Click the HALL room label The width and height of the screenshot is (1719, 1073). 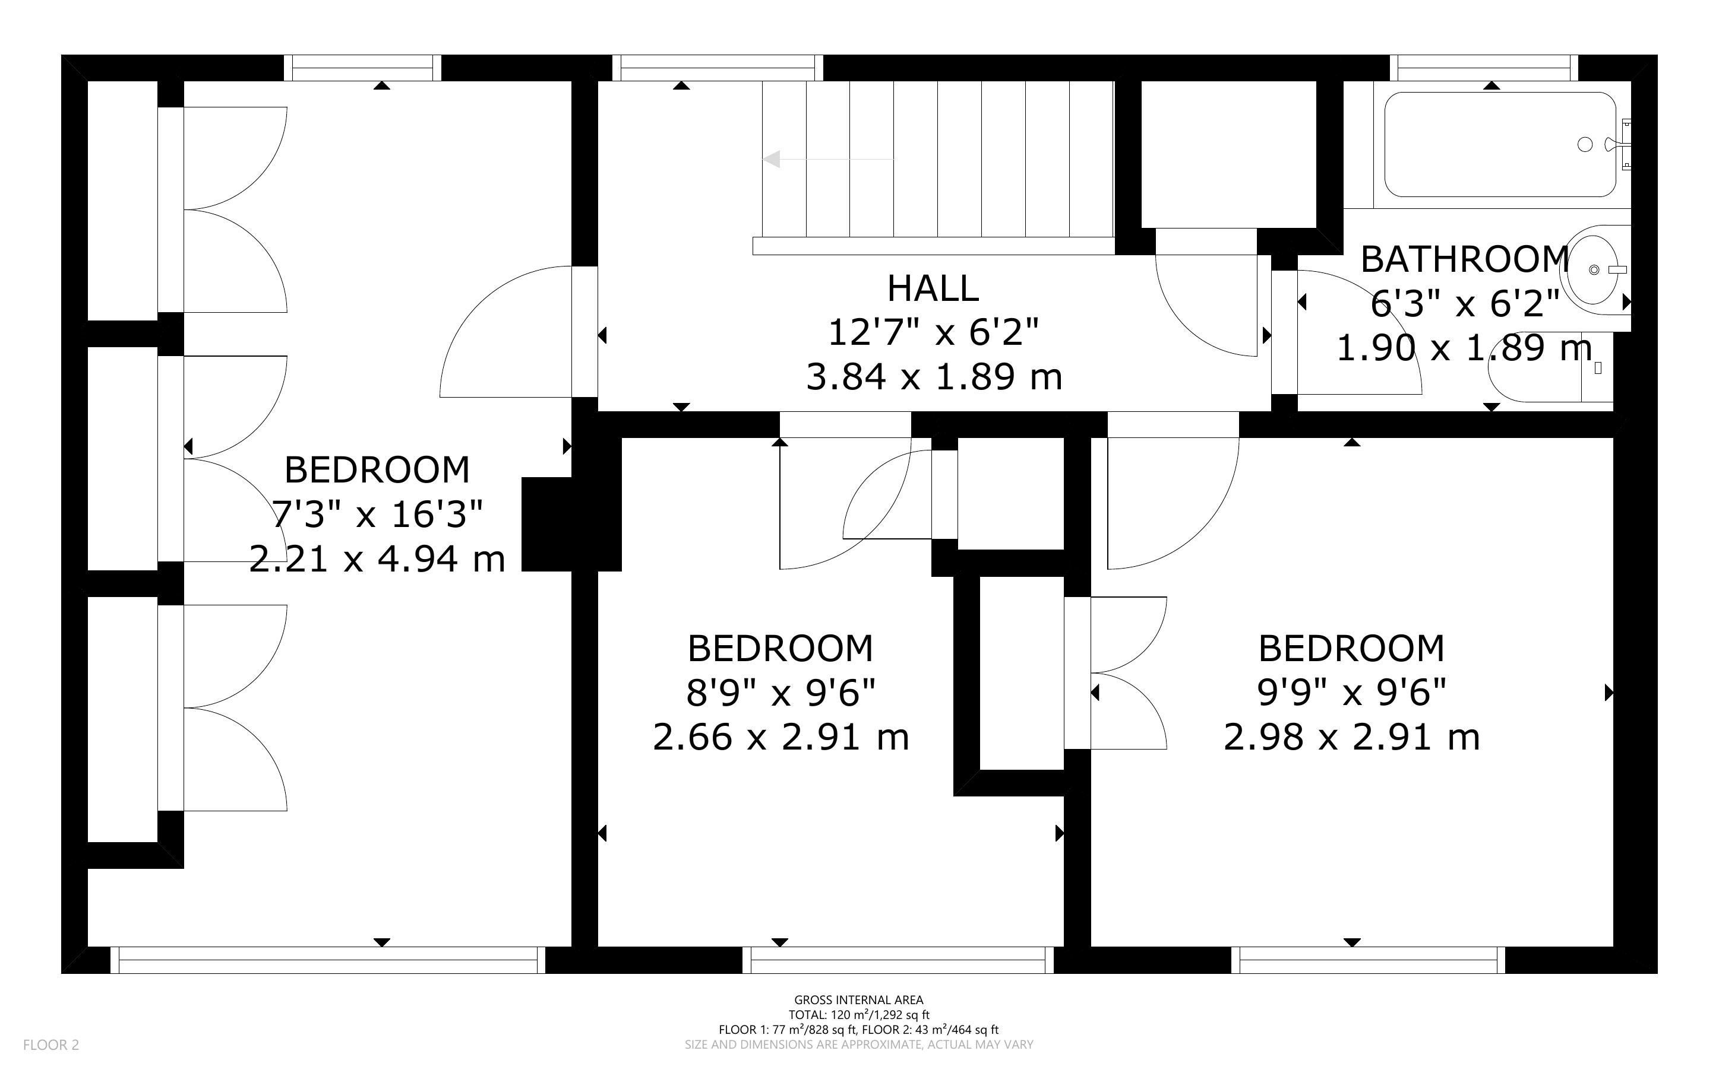pyautogui.click(x=933, y=288)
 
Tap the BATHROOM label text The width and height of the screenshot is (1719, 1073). pyautogui.click(x=1465, y=260)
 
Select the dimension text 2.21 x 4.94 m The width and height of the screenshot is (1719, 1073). pyautogui.click(x=377, y=559)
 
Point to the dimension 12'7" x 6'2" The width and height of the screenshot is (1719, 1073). pyautogui.click(x=933, y=332)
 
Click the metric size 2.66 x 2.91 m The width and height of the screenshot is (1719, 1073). pyautogui.click(x=780, y=737)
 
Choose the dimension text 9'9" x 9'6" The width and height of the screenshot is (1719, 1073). pyautogui.click(x=1351, y=693)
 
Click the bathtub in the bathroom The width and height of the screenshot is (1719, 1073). pyautogui.click(x=1500, y=145)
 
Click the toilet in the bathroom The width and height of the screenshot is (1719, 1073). pyautogui.click(x=1551, y=367)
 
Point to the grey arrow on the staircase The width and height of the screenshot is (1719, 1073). pyautogui.click(x=828, y=159)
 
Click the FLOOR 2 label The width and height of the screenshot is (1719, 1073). pyautogui.click(x=51, y=1045)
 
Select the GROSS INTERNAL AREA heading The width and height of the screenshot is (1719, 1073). pyautogui.click(x=858, y=1001)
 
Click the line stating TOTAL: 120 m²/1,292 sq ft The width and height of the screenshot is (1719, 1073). pyautogui.click(x=858, y=1015)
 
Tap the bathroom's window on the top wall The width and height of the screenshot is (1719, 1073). pyautogui.click(x=1484, y=68)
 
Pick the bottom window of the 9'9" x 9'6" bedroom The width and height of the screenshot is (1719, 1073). pyautogui.click(x=1367, y=960)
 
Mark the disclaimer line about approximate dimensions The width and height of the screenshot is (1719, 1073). pyautogui.click(x=858, y=1045)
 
